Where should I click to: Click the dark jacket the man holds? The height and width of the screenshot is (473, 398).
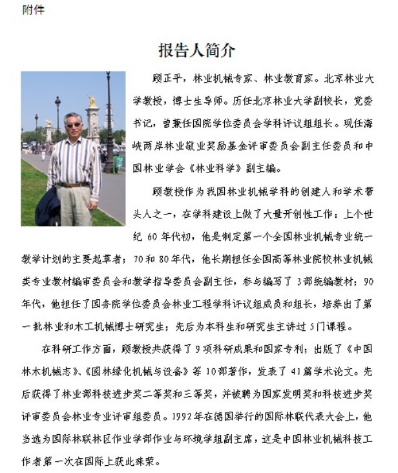[x=48, y=206]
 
